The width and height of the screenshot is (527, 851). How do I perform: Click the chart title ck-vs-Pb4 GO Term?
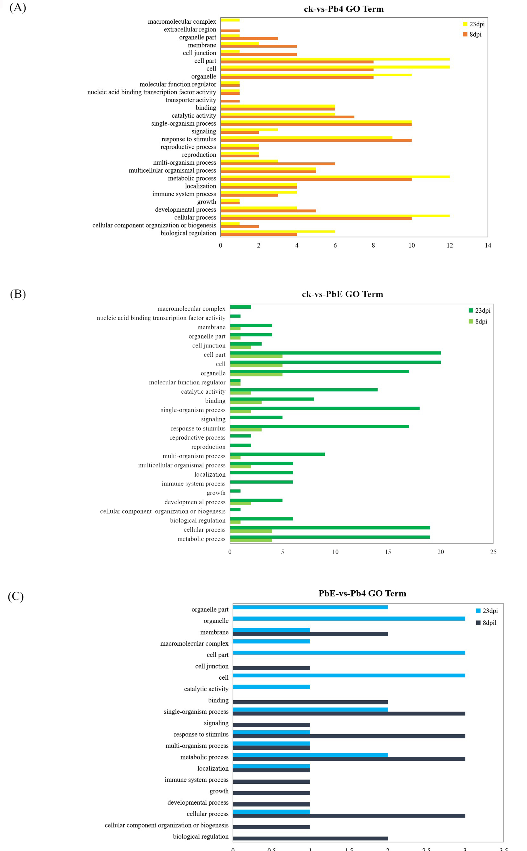point(344,9)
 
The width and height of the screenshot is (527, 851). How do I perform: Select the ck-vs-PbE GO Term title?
point(342,294)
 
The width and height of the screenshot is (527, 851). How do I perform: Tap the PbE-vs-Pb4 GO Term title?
point(362,594)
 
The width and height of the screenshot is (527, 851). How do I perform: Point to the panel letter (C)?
point(16,596)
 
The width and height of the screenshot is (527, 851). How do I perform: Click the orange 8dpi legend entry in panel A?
point(472,34)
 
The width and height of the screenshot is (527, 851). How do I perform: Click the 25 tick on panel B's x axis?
point(493,552)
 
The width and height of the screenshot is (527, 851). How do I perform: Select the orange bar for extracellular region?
point(230,31)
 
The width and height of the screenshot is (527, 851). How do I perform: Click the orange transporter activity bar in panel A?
point(230,101)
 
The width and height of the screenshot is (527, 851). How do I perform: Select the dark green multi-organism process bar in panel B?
point(277,454)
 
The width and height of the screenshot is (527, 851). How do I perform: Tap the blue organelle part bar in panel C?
point(310,607)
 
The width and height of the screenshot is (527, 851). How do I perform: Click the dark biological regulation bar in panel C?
point(310,839)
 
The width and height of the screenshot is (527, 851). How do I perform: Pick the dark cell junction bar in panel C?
point(272,668)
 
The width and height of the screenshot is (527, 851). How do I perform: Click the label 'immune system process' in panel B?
point(193,484)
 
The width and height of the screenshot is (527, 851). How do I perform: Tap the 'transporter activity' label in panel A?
point(191,100)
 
